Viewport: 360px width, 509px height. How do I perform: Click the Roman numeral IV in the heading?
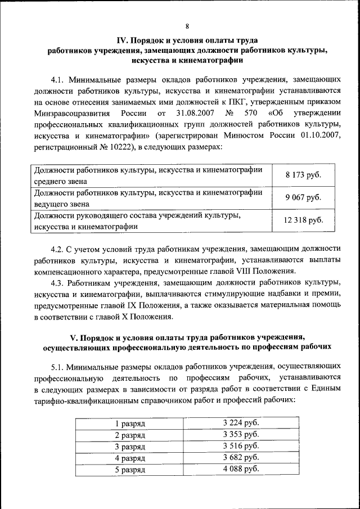click(x=122, y=40)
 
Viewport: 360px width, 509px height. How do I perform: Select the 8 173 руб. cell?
click(x=303, y=175)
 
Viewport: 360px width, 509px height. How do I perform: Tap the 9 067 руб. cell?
click(x=303, y=197)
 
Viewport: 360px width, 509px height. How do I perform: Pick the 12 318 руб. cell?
click(x=303, y=220)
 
